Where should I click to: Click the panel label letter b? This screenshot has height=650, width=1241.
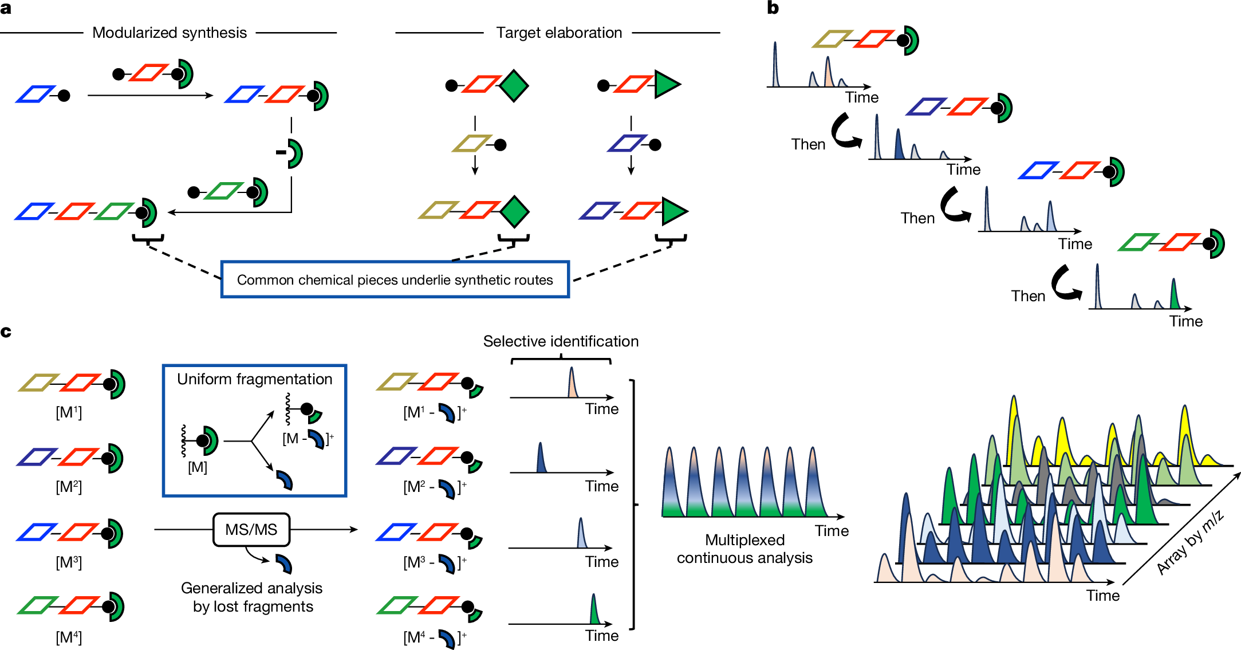coord(773,8)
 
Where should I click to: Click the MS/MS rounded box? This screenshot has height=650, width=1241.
coord(251,529)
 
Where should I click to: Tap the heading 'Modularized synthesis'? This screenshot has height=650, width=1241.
coord(170,33)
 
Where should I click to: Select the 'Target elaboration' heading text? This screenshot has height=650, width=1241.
coord(559,33)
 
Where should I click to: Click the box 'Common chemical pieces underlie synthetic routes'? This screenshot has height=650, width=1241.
coord(395,279)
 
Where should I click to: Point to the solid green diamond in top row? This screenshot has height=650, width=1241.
coord(514,86)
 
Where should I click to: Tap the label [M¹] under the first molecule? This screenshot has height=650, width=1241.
coord(69,412)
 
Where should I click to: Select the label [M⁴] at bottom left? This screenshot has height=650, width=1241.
coord(69,637)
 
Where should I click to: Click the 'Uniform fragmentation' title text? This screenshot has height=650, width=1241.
coord(254,379)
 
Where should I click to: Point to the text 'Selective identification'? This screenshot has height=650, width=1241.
coord(561,341)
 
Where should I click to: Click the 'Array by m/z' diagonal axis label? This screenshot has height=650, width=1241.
coord(1190,542)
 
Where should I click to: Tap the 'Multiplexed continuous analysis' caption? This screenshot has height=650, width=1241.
coord(744,549)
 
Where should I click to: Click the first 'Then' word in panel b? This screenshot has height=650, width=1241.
coord(808,144)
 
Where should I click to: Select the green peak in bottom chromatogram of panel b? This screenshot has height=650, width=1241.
coord(1174,295)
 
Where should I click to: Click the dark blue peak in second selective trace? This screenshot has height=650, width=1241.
coord(541,458)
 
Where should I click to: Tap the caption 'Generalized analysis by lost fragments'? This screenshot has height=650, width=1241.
coord(253,597)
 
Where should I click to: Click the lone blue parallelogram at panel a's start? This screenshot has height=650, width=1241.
coord(35,94)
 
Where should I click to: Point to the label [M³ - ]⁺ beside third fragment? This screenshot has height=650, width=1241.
coord(435,563)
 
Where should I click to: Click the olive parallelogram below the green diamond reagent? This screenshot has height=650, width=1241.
coord(472,144)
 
